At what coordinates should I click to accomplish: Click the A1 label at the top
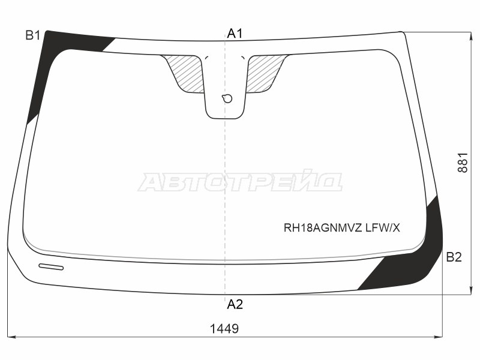tap(235, 34)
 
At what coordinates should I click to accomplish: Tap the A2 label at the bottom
tap(235, 304)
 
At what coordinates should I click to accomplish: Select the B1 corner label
tap(33, 36)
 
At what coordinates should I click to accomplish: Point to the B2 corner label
tap(454, 257)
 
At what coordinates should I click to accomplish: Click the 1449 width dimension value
tap(224, 329)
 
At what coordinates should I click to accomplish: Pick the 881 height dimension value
tap(463, 163)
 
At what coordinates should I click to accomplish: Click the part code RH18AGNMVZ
tap(323, 228)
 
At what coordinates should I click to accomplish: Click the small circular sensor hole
tap(227, 98)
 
